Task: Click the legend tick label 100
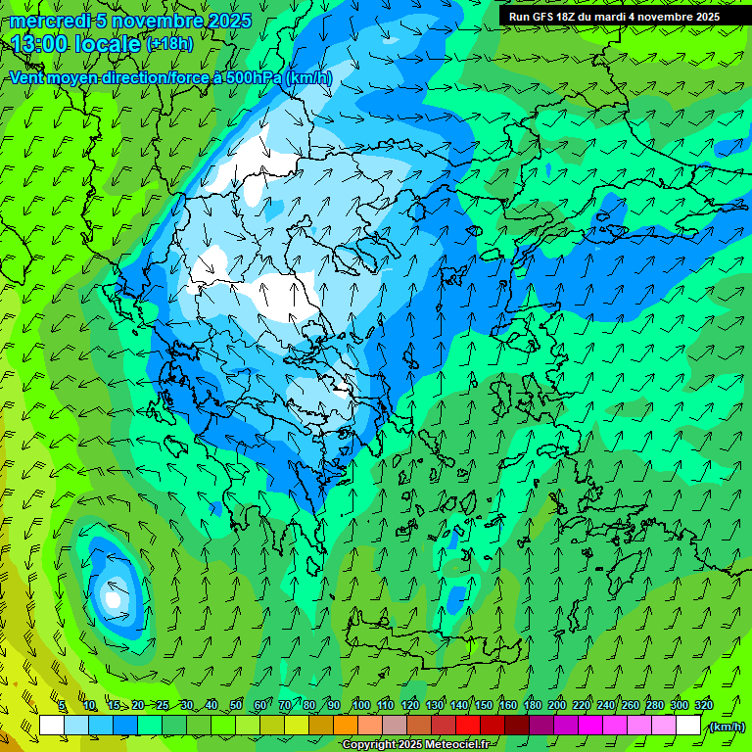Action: pos(361,706)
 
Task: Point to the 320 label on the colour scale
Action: pos(703,706)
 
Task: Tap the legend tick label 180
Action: pos(532,706)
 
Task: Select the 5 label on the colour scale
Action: pos(62,706)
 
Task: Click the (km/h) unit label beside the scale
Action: pos(727,727)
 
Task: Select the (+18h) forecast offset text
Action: pos(169,44)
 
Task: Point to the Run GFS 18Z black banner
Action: pos(614,17)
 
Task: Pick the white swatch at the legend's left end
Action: pos(52,726)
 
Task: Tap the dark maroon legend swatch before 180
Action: pos(518,726)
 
